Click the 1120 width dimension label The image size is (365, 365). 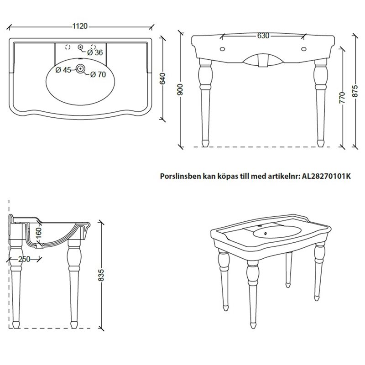[80, 26]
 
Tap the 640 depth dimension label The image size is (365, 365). [163, 78]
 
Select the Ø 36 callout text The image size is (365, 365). [95, 52]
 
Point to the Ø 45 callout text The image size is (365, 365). [63, 70]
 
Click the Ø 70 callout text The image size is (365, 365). [98, 74]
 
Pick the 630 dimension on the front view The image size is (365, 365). [263, 36]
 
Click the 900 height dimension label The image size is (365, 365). [180, 89]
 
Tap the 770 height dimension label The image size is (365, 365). [342, 98]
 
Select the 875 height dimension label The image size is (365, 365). [355, 91]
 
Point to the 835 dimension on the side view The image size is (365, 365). [101, 276]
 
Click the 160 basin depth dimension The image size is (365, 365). [39, 233]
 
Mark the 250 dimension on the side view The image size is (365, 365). [24, 259]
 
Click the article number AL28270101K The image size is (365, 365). [326, 176]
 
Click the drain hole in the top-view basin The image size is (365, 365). [81, 68]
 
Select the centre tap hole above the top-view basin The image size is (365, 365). [81, 47]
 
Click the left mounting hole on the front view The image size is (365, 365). [223, 49]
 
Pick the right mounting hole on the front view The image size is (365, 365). [303, 49]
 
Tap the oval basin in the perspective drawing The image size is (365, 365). [277, 232]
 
